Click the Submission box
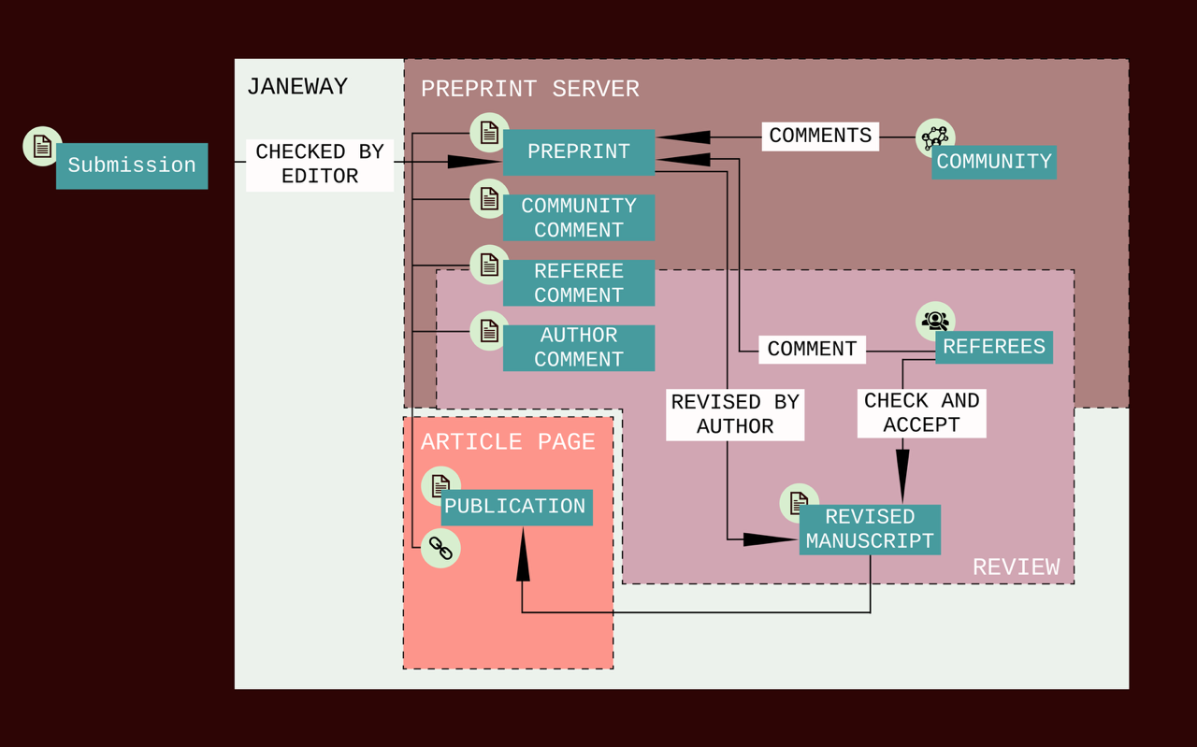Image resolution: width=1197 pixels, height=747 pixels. [x=132, y=165]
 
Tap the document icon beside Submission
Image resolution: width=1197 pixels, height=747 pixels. [x=42, y=146]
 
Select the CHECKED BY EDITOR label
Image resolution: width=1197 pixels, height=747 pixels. [x=320, y=165]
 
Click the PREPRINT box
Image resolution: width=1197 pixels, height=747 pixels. [x=579, y=152]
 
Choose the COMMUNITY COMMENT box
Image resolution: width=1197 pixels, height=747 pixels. [x=579, y=218]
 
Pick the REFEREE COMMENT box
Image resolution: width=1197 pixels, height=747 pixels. [x=579, y=283]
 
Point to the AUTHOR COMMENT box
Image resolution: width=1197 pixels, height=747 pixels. [x=579, y=348]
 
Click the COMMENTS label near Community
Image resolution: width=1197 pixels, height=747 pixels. [x=820, y=136]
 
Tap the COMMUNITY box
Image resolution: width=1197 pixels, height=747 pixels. [x=994, y=163]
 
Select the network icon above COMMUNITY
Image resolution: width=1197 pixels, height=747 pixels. [x=935, y=137]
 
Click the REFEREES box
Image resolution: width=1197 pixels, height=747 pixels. [x=994, y=348]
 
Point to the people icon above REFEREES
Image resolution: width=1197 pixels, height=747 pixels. [x=935, y=321]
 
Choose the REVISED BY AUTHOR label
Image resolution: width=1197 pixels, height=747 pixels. [x=735, y=414]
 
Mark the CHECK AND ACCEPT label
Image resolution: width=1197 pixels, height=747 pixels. [x=922, y=413]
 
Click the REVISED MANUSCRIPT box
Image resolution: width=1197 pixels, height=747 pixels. [x=870, y=529]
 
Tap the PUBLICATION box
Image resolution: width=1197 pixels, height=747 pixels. [x=515, y=507]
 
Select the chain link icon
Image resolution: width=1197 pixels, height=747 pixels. [x=440, y=549]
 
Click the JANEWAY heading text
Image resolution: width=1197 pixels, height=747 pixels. [x=297, y=87]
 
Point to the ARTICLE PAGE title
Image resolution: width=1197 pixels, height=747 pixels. [x=508, y=442]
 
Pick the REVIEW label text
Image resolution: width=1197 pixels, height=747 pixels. [x=1016, y=567]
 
